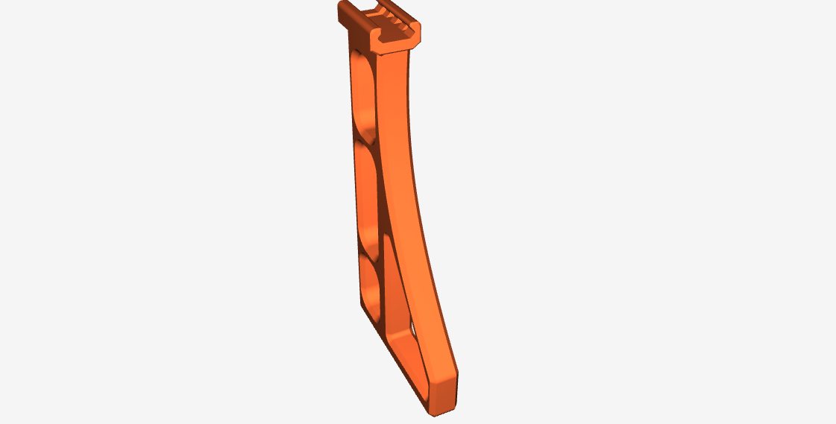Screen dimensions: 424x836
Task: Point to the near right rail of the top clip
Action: (411, 30)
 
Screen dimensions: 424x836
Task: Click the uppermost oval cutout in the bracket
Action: (364, 93)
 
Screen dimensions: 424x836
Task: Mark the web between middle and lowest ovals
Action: (370, 250)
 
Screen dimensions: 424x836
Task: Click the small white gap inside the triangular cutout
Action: (412, 327)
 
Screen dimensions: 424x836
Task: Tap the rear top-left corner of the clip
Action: (342, 6)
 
